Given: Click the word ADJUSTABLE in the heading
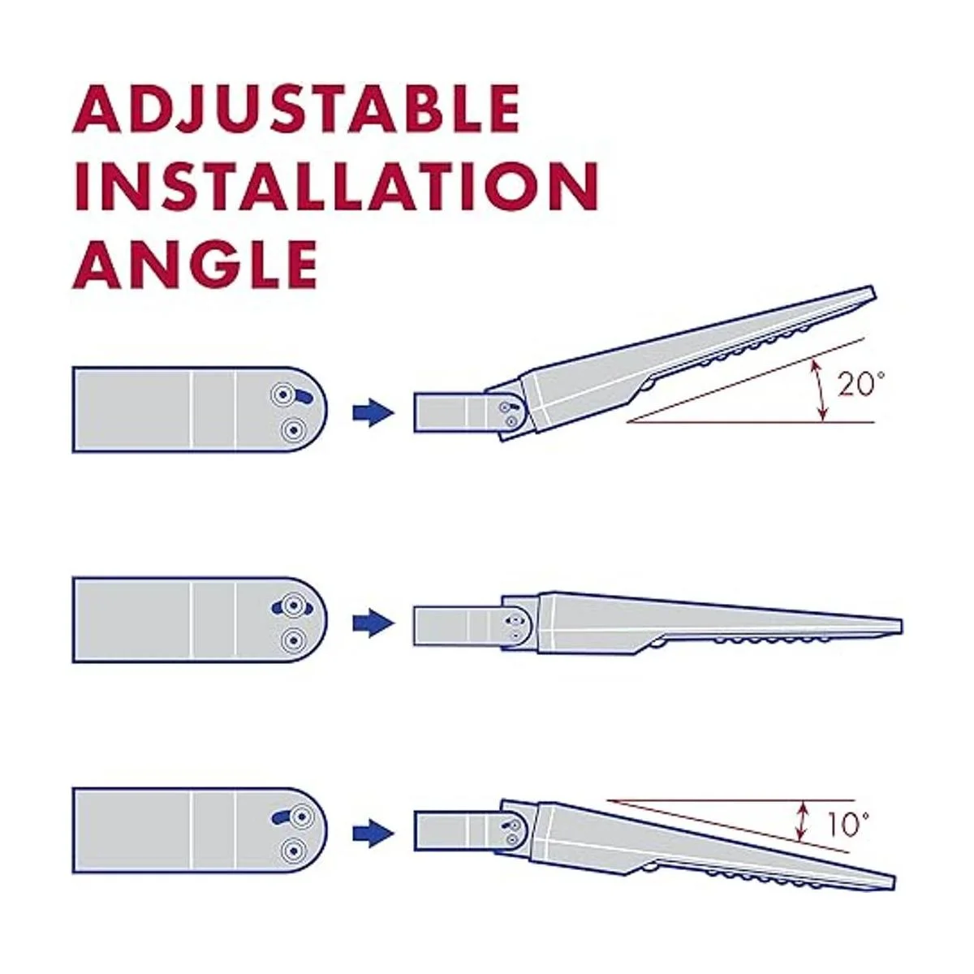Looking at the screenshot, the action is tap(296, 110).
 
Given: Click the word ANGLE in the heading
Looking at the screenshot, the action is tap(195, 263).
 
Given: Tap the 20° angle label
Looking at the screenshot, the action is tap(861, 385).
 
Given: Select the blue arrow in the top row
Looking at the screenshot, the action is tap(373, 413).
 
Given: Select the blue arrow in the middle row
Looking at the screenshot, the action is tap(373, 623).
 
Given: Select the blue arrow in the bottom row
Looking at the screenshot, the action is tap(373, 833).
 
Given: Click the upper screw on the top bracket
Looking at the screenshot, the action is tap(283, 394).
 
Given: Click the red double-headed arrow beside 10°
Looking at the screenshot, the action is tap(799, 823).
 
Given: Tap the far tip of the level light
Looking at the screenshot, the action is tap(901, 626).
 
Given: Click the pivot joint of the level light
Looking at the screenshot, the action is tap(515, 623).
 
